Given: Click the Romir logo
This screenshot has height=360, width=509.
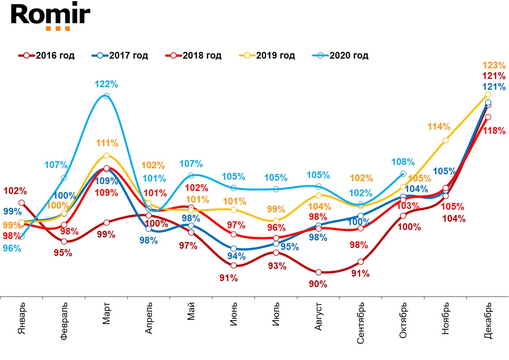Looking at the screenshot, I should pyautogui.click(x=50, y=16).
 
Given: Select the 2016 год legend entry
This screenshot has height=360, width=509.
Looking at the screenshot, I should pyautogui.click(x=47, y=56).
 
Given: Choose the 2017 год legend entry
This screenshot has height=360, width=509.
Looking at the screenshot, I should pyautogui.click(x=120, y=56).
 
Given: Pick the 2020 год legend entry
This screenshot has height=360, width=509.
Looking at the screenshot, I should pyautogui.click(x=341, y=56).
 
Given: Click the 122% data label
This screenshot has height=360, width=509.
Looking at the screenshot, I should pyautogui.click(x=106, y=85).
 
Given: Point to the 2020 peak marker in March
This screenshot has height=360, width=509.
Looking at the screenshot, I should pyautogui.click(x=106, y=96).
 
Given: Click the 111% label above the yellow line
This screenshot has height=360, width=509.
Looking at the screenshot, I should pyautogui.click(x=107, y=143).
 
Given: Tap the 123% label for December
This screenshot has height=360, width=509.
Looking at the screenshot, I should pyautogui.click(x=494, y=65).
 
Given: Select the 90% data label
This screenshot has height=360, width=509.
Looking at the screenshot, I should pyautogui.click(x=318, y=284).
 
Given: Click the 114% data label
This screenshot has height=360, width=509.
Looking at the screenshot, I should pyautogui.click(x=439, y=127).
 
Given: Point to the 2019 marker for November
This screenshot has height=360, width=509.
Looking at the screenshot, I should pyautogui.click(x=445, y=140).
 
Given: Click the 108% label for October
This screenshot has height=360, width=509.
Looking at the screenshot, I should pyautogui.click(x=403, y=162).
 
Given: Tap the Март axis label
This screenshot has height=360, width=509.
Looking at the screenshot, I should pyautogui.click(x=106, y=313).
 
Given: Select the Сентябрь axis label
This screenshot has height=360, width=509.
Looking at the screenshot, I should pyautogui.click(x=361, y=323).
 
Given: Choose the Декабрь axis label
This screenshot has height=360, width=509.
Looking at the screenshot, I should pyautogui.click(x=488, y=320).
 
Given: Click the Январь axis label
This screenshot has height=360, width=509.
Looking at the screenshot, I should pyautogui.click(x=22, y=318).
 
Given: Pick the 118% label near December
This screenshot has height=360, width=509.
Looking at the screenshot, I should pyautogui.click(x=494, y=131).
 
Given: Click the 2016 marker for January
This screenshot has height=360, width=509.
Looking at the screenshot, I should pyautogui.click(x=22, y=203).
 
